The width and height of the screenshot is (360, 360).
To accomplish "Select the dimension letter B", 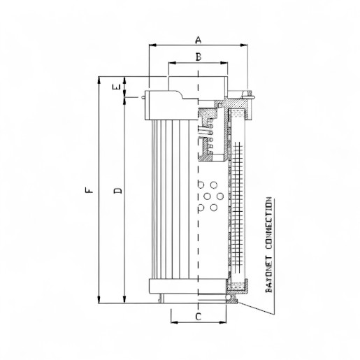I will pos(198,57).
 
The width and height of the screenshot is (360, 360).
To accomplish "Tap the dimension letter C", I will pos(198,317).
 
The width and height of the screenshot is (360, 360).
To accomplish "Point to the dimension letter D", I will pos(118,190).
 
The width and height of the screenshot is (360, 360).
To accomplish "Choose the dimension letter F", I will pos(87,190).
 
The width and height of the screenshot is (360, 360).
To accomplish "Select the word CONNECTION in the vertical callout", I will pos(270,226).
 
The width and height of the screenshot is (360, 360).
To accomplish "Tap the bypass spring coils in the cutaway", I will pos(205,134).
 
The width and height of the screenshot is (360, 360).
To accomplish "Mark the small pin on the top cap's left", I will pos(143,97).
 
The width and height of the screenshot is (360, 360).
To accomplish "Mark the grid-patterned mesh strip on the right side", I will pos(238,210).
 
